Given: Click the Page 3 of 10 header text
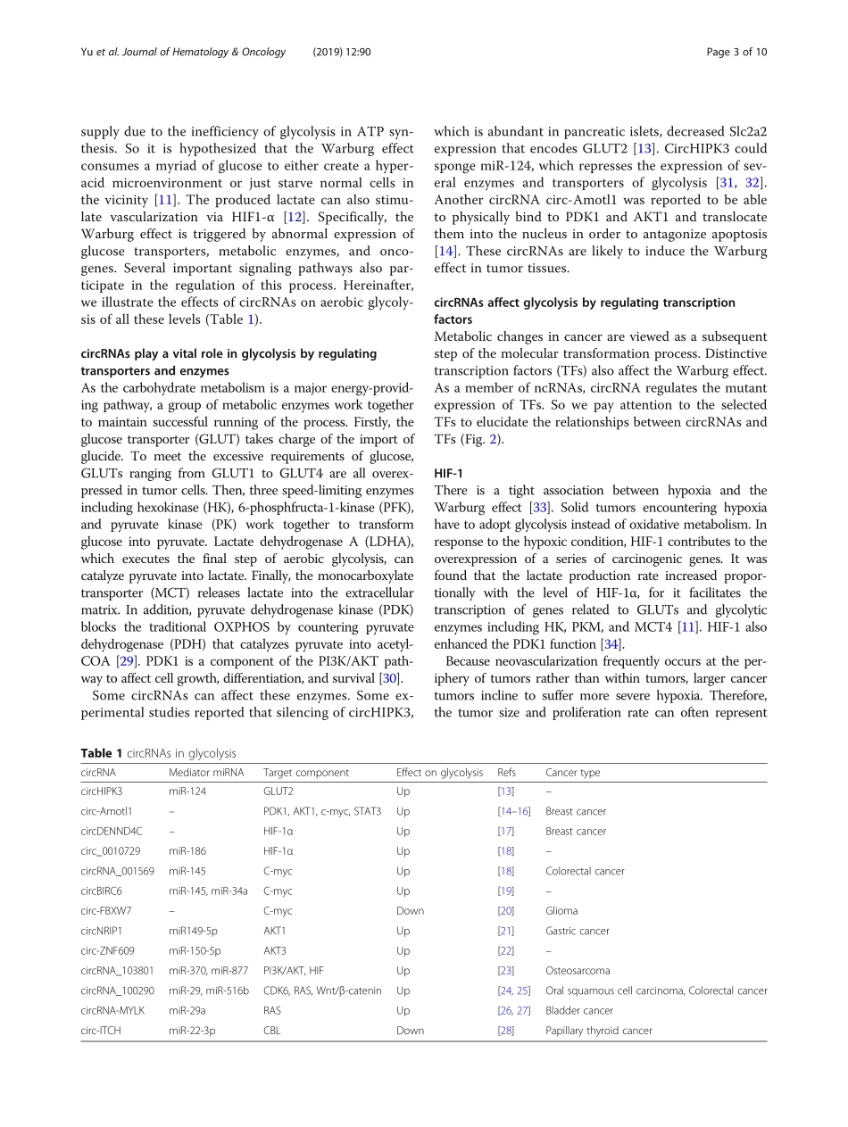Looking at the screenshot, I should (x=736, y=52).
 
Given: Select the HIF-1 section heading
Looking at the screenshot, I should (x=449, y=471).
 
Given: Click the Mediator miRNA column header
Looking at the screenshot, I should (x=206, y=773).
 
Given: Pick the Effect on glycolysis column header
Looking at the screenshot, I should (x=439, y=773).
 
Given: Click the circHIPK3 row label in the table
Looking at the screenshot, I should (x=102, y=791).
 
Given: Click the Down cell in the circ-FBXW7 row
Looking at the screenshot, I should (x=410, y=911).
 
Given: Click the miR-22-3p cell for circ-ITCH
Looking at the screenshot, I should (x=193, y=1031).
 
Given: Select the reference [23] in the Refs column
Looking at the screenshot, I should (x=505, y=971).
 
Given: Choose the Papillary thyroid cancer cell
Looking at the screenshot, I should (x=598, y=1031).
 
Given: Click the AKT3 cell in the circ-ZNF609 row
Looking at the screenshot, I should (x=275, y=951).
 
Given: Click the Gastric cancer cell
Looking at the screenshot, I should (x=577, y=931).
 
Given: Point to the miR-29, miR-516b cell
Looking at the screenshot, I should (x=209, y=990).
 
